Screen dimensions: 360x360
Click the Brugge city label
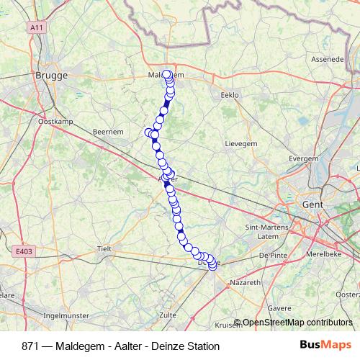pos(51,74)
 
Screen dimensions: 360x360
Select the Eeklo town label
pos(228,95)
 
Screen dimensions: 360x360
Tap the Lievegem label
pos(241,144)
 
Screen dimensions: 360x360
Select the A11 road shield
pos(37,27)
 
